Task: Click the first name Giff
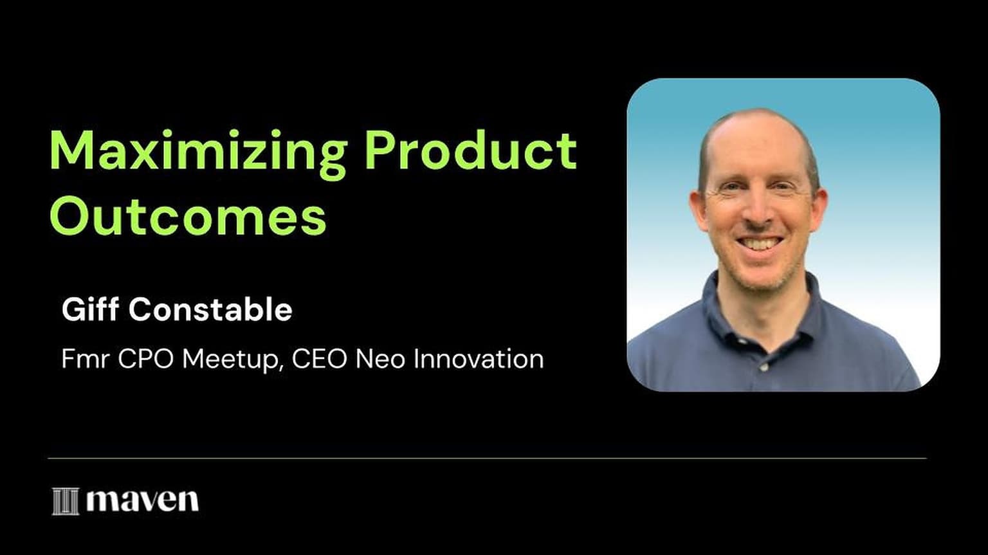click(91, 309)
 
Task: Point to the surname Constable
click(210, 309)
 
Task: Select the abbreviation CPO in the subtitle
click(145, 359)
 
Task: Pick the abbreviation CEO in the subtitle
click(319, 359)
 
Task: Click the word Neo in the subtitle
click(380, 359)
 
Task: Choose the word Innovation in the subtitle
click(479, 359)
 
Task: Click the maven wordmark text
click(142, 501)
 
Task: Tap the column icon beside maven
click(66, 501)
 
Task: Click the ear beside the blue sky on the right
click(819, 210)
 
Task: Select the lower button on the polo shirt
click(764, 367)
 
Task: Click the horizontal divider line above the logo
click(487, 459)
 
